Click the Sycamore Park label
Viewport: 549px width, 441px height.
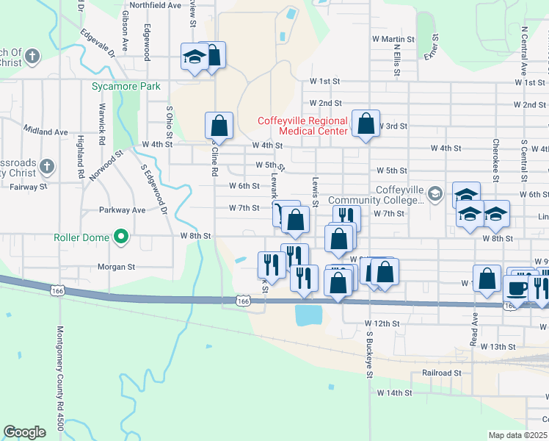[126, 86]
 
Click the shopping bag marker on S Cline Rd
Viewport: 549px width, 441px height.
[219, 125]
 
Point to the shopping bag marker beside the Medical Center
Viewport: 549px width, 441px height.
[366, 123]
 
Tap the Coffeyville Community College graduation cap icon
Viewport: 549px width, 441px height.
[435, 193]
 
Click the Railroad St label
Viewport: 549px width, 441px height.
[441, 373]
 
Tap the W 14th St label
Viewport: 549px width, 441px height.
[395, 393]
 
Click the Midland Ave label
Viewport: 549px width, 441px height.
[46, 132]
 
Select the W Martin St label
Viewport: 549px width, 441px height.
[393, 39]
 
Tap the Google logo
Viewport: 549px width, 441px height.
[25, 431]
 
